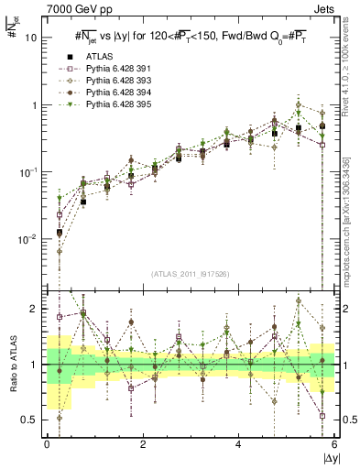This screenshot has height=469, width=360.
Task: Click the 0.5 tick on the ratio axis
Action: pos(30,420)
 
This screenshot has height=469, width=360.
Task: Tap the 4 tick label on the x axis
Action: pos(239,444)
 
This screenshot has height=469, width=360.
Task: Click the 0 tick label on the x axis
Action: pos(47,444)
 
